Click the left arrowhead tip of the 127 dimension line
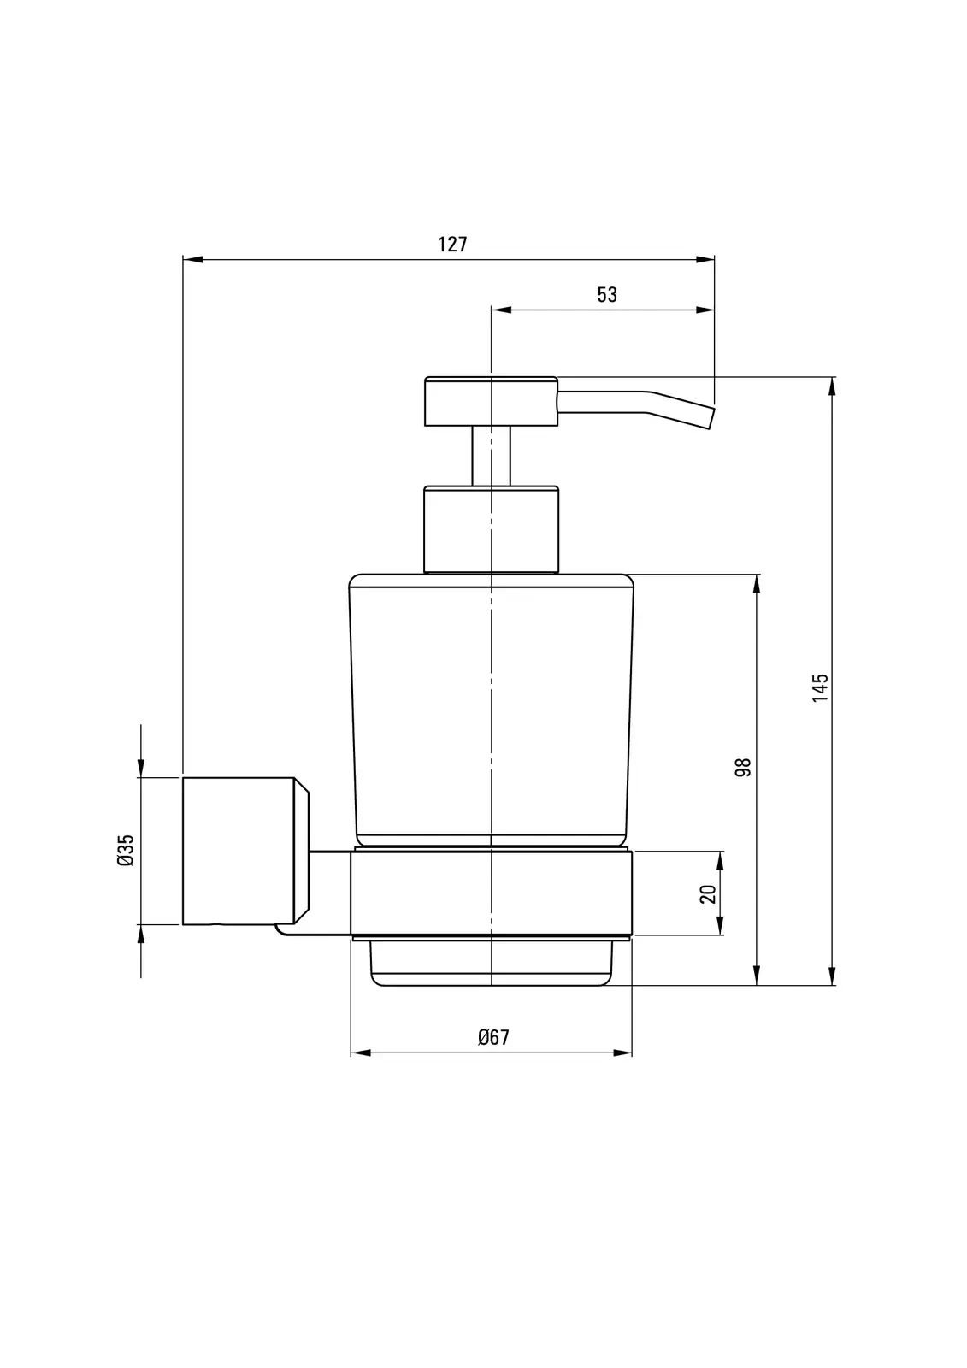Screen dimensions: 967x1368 pyautogui.click(x=183, y=260)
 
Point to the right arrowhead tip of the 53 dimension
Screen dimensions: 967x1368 pyautogui.click(x=714, y=310)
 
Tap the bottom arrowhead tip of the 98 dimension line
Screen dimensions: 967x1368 pyautogui.click(x=757, y=984)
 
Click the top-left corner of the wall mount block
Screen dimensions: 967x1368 pyautogui.click(x=183, y=777)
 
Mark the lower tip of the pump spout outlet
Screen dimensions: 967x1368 pyautogui.click(x=709, y=428)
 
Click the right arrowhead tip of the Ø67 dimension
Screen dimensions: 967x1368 pyautogui.click(x=632, y=1053)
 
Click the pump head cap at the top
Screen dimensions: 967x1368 pyautogui.click(x=491, y=401)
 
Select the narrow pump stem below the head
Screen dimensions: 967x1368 pyautogui.click(x=491, y=456)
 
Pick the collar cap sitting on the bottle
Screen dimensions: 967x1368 pyautogui.click(x=491, y=529)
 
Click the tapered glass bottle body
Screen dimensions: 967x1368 pyautogui.click(x=491, y=710)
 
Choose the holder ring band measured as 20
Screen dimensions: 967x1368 pyautogui.click(x=491, y=893)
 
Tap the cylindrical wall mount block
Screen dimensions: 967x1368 pyautogui.click(x=245, y=851)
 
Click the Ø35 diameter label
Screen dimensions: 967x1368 pyautogui.click(x=125, y=850)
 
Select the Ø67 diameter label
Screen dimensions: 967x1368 pyautogui.click(x=493, y=1037)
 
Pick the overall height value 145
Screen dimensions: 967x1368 pyautogui.click(x=820, y=687)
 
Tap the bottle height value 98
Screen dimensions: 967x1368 pyautogui.click(x=743, y=767)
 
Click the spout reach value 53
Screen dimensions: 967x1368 pyautogui.click(x=607, y=295)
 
